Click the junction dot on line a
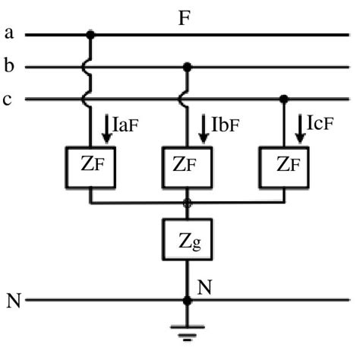pos(91,34)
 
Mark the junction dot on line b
pos(187,67)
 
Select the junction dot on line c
pos(283,99)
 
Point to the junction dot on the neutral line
pos(187,301)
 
